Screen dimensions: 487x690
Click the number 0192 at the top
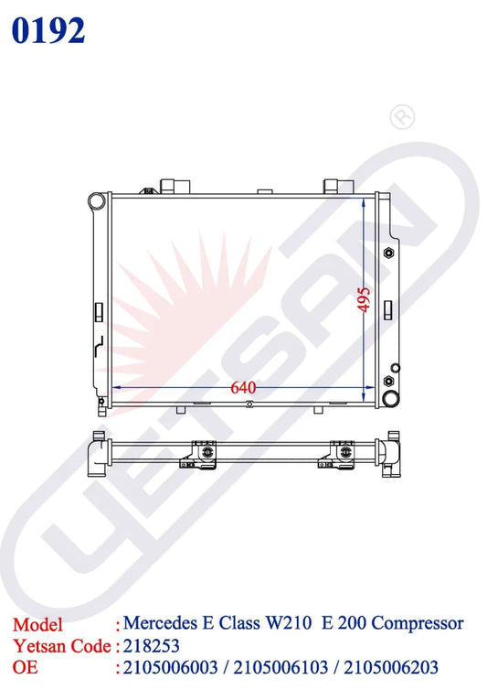pos(48,31)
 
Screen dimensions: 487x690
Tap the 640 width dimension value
pos(243,388)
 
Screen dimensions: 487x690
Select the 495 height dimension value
pos(364,299)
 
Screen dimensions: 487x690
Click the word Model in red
pos(37,625)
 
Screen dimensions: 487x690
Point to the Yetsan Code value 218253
pos(152,646)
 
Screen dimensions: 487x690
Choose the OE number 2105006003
pos(171,667)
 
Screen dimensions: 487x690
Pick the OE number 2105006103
pos(281,667)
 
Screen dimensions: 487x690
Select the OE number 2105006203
pos(391,667)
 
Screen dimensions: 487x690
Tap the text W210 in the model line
pos(289,622)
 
